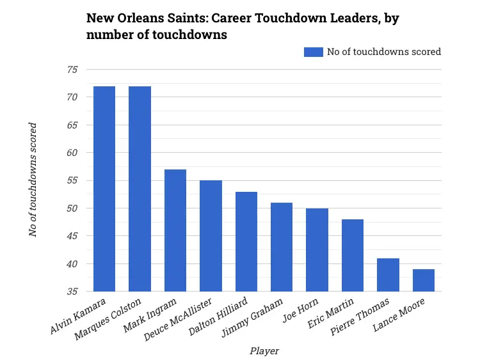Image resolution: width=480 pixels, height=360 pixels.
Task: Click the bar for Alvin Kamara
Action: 104,189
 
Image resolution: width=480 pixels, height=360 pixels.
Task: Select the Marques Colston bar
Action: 140,189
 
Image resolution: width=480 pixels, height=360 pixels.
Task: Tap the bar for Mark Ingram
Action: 175,230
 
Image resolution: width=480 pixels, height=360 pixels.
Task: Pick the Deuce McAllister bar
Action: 211,236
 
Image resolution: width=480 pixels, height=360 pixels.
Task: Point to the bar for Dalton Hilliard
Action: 246,242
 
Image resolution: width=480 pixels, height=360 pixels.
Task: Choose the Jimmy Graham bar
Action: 282,247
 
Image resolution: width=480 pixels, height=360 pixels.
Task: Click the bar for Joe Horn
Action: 317,250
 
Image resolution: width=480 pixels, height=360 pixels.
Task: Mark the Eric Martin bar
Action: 352,255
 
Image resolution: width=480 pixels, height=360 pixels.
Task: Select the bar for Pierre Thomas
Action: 388,275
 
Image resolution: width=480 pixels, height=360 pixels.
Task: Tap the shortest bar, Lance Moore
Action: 423,280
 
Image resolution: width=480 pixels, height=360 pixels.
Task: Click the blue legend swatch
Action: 313,52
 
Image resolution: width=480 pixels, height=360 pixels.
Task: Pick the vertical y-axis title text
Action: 33,180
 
